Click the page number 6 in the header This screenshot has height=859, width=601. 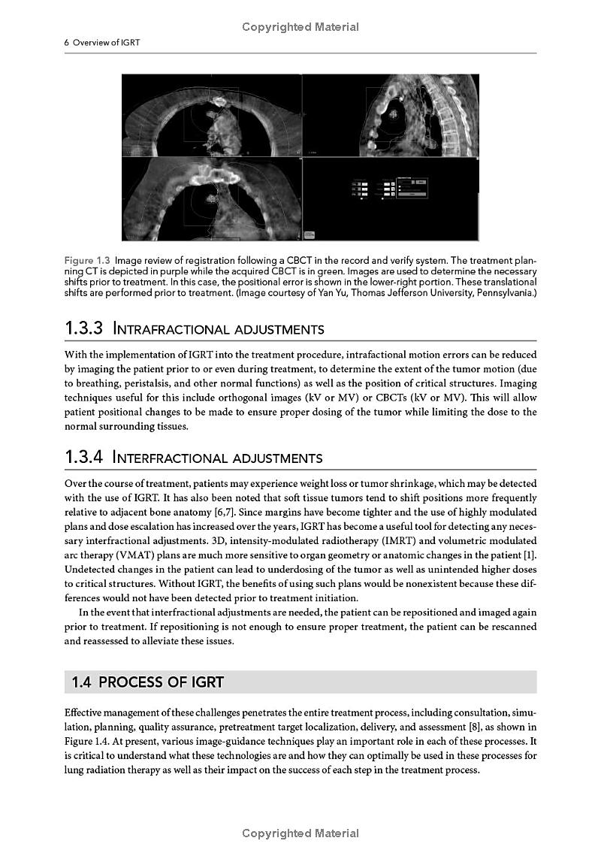66,43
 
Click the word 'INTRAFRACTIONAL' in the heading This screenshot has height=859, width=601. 169,329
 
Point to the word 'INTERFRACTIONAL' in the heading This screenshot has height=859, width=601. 168,458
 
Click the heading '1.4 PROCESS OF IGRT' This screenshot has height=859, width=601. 147,682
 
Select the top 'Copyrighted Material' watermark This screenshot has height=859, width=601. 300,27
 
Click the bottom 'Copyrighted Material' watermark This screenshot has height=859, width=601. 300,833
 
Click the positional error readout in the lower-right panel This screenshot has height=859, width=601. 389,189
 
